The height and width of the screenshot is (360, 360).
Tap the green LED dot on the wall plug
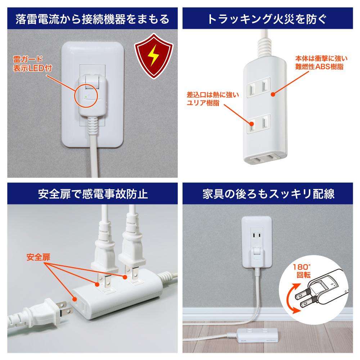tap(86, 97)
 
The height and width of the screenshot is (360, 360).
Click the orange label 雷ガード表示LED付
tap(32, 64)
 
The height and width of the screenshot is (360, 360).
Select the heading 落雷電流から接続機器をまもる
tap(92, 19)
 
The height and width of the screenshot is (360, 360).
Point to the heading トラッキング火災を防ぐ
tap(267, 19)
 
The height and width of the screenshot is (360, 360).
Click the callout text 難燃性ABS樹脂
tap(319, 67)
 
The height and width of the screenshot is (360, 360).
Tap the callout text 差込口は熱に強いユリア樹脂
tap(213, 99)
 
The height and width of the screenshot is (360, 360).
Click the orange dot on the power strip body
tap(273, 94)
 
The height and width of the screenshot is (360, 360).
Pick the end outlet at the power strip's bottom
tap(265, 158)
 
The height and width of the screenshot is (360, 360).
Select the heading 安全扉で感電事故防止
tap(93, 194)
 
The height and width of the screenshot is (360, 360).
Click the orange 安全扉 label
tap(38, 257)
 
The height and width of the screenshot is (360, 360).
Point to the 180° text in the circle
tap(302, 267)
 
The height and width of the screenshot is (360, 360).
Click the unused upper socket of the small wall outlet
tap(257, 235)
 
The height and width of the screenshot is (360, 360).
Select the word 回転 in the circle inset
tap(303, 275)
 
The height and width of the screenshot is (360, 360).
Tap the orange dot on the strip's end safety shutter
tap(75, 299)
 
